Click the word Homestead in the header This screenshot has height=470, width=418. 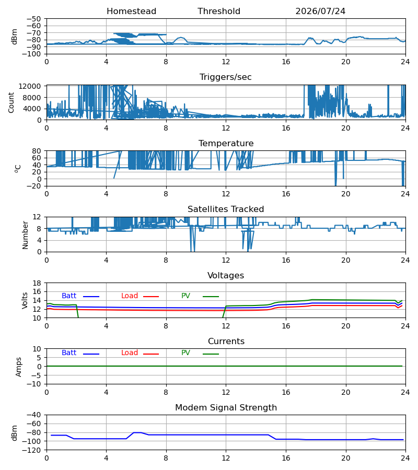[x=131, y=11]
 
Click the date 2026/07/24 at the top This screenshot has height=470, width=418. [x=320, y=11]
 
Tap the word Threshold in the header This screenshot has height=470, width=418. [x=219, y=11]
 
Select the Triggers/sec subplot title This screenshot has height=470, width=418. [x=226, y=77]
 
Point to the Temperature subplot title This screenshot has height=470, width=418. [x=226, y=143]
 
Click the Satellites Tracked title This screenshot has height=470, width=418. [x=226, y=209]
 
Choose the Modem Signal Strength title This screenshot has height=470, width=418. [x=226, y=408]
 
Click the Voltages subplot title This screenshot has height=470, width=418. [x=226, y=275]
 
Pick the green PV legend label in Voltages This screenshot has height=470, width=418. [x=185, y=296]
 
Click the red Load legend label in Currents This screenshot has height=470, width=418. [x=130, y=353]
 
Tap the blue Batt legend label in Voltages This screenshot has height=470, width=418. [x=69, y=296]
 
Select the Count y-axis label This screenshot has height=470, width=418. [x=11, y=102]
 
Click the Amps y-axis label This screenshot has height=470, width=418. [x=19, y=367]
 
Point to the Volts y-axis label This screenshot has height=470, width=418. [x=25, y=300]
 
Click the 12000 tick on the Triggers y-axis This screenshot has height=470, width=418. [x=30, y=86]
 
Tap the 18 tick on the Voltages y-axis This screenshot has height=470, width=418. [x=37, y=283]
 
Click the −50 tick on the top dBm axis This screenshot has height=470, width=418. [x=33, y=19]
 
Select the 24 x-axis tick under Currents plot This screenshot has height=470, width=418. [x=405, y=392]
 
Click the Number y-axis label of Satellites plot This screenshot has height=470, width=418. [x=25, y=236]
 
